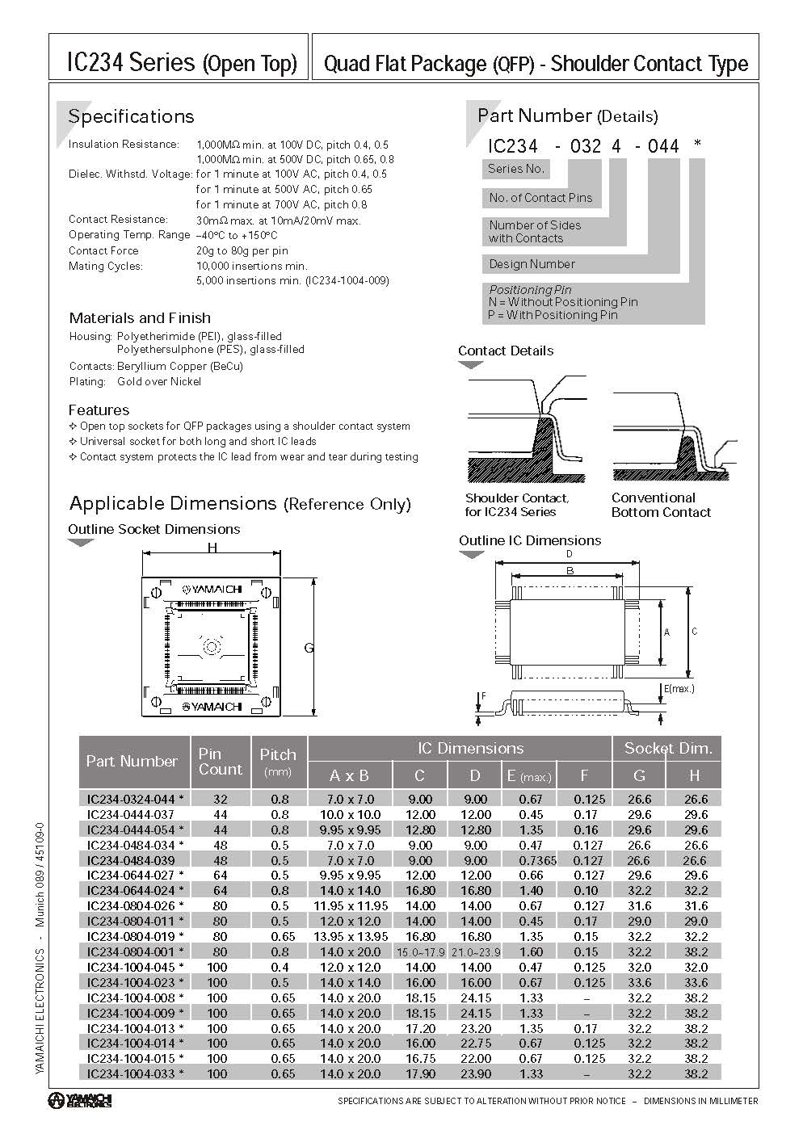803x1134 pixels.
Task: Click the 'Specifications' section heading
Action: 131,116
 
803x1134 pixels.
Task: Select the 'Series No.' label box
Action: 517,169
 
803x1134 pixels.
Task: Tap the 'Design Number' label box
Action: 532,264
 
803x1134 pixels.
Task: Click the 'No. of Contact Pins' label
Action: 540,198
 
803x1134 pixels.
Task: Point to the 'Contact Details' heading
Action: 506,351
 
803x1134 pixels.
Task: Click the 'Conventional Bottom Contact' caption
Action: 661,505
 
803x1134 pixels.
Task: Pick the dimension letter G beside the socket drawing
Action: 309,648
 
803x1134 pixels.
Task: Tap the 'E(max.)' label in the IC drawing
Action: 679,689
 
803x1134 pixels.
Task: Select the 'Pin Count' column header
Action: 220,761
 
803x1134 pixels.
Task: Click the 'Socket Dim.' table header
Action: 668,748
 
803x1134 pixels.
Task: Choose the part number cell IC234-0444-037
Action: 131,814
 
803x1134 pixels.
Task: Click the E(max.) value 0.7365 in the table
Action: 531,860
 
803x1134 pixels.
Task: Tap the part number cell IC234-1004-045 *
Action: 135,967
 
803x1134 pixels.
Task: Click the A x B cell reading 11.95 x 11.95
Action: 350,906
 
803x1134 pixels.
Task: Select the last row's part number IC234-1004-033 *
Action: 135,1073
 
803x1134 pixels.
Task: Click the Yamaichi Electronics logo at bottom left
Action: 79,1100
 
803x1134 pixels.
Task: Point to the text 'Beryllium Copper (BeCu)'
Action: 180,366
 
